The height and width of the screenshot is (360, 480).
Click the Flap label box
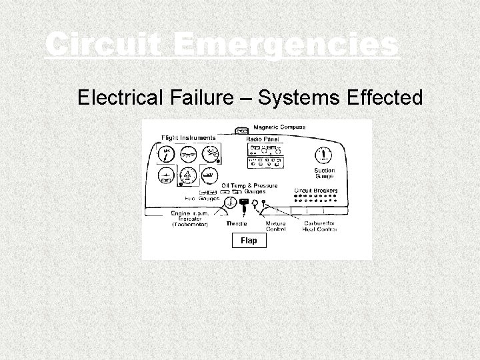pos(248,240)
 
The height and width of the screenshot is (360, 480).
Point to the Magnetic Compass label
pos(279,127)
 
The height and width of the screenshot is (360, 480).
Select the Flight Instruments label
pos(188,138)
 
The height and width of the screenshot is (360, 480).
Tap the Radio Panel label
pos(262,139)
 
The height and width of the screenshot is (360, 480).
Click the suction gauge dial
pos(325,155)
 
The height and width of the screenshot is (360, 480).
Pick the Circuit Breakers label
pos(315,191)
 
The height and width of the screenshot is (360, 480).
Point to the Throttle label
pos(236,224)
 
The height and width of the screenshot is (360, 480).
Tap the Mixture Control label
pos(275,227)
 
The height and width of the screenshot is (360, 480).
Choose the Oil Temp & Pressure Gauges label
pos(249,187)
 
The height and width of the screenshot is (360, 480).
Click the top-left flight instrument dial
pos(165,154)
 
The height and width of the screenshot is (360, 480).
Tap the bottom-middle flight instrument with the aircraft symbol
pos(187,176)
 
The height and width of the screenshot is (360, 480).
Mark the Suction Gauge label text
pos(325,173)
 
